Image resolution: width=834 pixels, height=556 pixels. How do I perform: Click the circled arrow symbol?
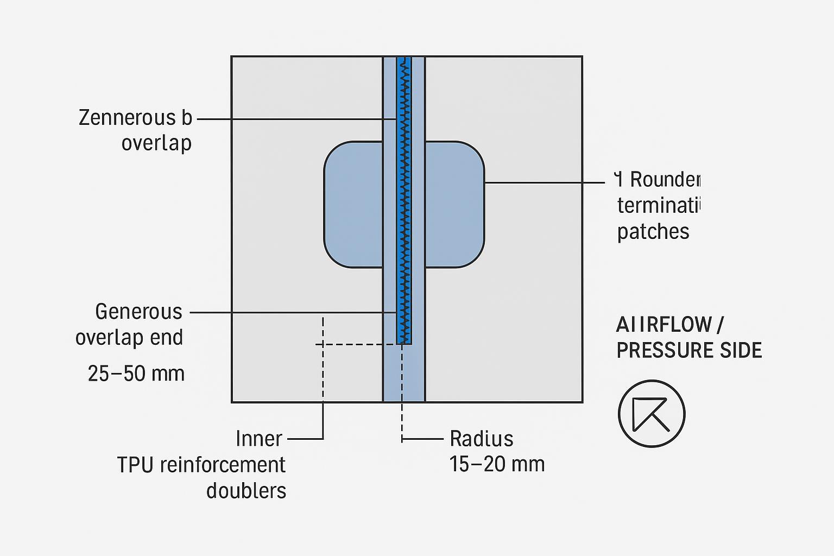pos(652,414)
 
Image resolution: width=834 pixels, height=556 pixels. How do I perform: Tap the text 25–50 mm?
pos(136,374)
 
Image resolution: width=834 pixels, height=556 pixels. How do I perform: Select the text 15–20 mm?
pos(497,464)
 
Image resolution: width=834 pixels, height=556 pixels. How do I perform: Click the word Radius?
pos(482,438)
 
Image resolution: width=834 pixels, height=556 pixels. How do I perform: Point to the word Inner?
pos(259,439)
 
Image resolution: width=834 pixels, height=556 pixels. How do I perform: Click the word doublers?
pos(246,490)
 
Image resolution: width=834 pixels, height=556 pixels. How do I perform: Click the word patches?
pos(653,232)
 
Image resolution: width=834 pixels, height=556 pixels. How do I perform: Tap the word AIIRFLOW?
pos(664,325)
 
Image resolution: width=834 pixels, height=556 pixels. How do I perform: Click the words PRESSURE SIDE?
pos(689,350)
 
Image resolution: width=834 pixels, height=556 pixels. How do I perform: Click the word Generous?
pos(138,312)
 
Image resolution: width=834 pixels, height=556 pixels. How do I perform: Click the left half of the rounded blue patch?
pos(353,205)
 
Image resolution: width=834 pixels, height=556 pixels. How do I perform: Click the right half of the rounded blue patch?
pos(454,205)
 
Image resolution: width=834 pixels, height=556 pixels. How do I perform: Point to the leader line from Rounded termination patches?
pos(543,183)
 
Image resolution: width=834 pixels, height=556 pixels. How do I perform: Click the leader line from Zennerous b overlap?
pos(296,118)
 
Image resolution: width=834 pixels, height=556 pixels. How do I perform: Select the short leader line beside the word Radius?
pos(424,438)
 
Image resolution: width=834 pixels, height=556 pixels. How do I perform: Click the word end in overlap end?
pos(170,338)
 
